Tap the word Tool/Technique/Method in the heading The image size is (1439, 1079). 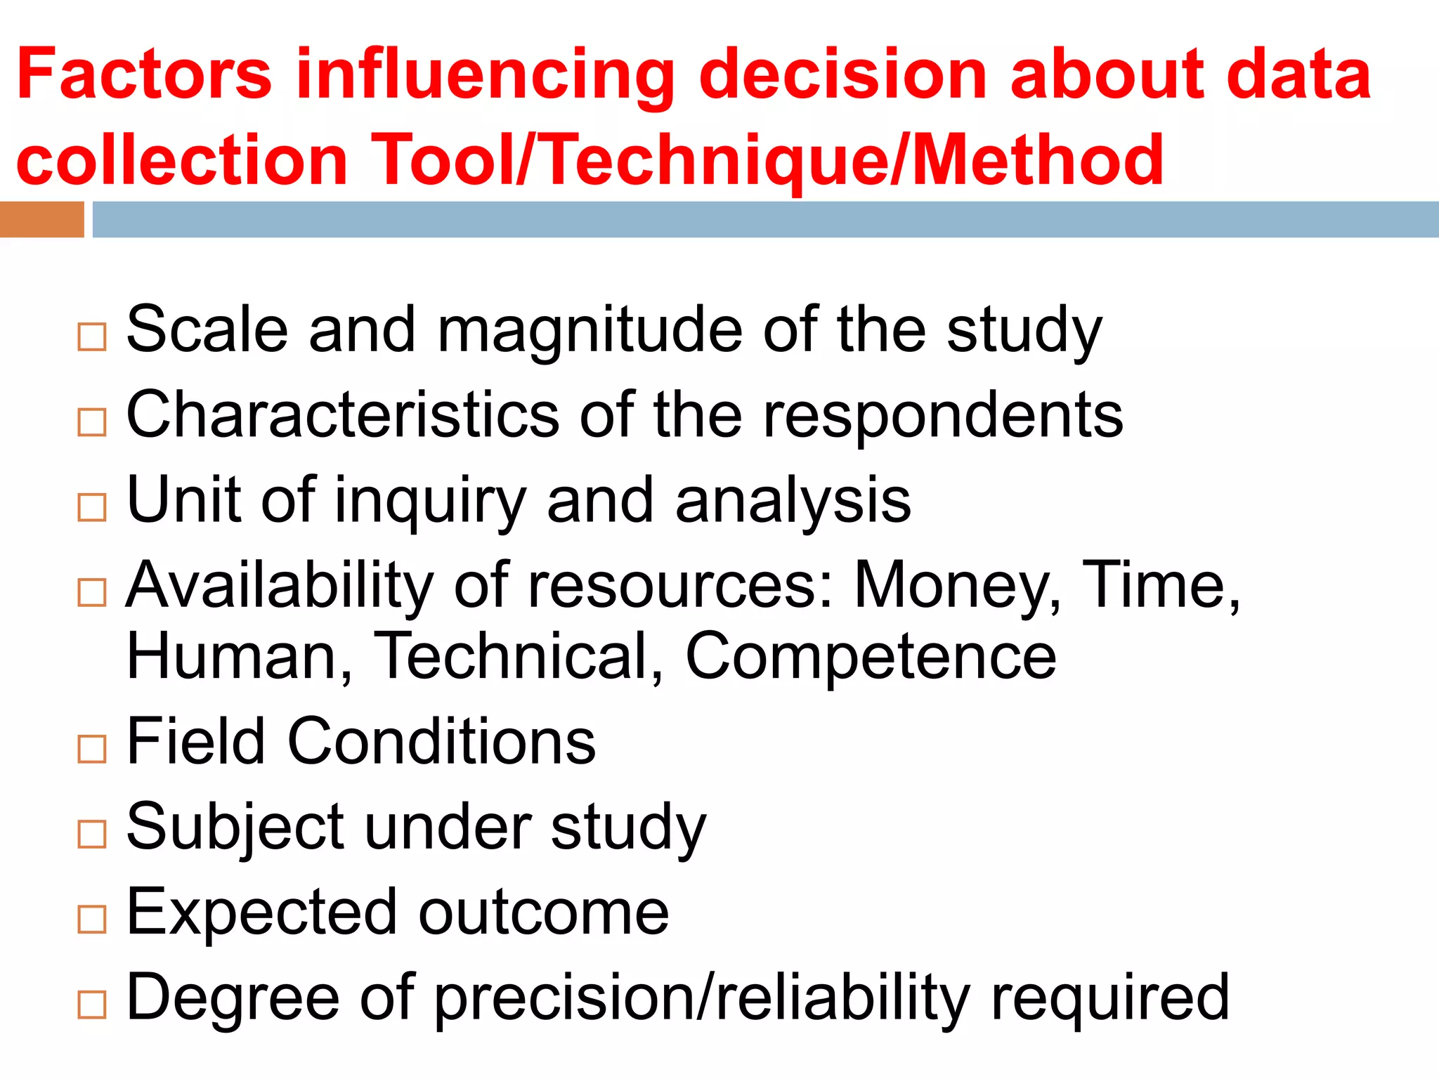pyautogui.click(x=767, y=161)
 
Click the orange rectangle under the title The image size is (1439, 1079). pyautogui.click(x=41, y=219)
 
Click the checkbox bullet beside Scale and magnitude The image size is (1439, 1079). pyautogui.click(x=92, y=337)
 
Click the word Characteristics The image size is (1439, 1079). pyautogui.click(x=343, y=415)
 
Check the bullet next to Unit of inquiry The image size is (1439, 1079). pyautogui.click(x=92, y=507)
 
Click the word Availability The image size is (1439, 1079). pyautogui.click(x=280, y=587)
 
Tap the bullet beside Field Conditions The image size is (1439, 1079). pyautogui.click(x=92, y=749)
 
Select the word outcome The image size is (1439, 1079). pyautogui.click(x=544, y=913)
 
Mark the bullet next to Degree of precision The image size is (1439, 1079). pyautogui.click(x=92, y=1005)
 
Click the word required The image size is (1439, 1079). pyautogui.click(x=1109, y=1000)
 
